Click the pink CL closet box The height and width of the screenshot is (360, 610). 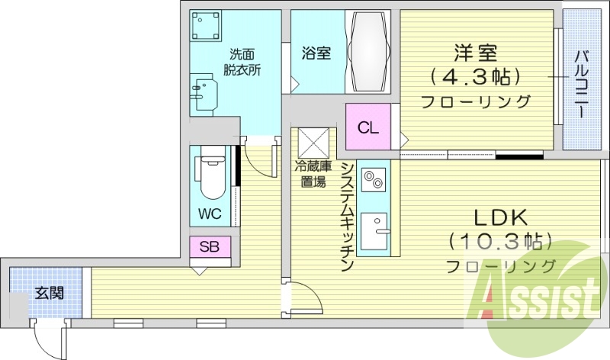tap(368, 127)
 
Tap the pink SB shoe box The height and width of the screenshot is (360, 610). tap(210, 246)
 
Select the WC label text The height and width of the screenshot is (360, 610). tap(210, 214)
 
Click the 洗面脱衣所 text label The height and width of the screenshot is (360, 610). tap(242, 61)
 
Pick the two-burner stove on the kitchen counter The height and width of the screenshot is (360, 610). tap(372, 180)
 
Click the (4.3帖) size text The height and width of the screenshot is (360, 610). tap(477, 77)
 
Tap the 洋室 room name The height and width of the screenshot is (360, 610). tap(477, 53)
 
